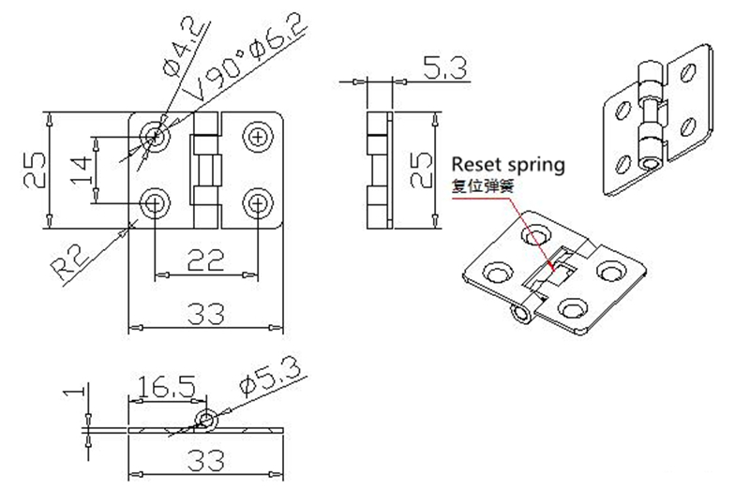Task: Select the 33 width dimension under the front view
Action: click(x=205, y=313)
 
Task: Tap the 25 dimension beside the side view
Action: click(x=421, y=169)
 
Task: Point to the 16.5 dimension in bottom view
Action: click(x=167, y=386)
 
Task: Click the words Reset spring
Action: click(x=509, y=165)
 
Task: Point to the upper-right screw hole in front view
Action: click(x=256, y=137)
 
